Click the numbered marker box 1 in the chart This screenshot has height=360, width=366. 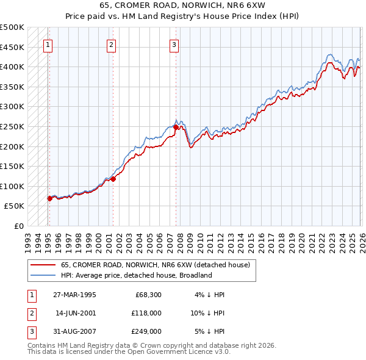[48, 44]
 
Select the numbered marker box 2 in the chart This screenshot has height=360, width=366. [111, 44]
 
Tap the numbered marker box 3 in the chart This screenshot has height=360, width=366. [174, 44]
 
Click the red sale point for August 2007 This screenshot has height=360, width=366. [176, 128]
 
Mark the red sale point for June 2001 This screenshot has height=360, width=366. [113, 179]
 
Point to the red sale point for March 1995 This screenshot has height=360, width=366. [49, 198]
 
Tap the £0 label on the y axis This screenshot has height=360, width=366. [18, 226]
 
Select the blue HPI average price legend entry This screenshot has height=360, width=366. [135, 275]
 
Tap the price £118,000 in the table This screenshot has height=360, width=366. [146, 313]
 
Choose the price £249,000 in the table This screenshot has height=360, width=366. [146, 331]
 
